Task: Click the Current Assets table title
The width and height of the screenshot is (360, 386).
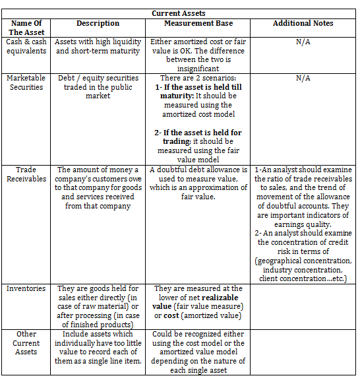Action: click(x=178, y=13)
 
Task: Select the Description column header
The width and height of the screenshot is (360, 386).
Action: click(x=98, y=23)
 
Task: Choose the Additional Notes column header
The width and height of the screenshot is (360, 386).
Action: click(x=303, y=23)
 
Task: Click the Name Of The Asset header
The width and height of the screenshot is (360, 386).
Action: click(x=26, y=28)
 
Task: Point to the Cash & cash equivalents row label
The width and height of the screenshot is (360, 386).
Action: click(x=26, y=46)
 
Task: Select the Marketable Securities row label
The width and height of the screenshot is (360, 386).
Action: click(x=26, y=82)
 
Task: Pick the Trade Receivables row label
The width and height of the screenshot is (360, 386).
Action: click(x=26, y=174)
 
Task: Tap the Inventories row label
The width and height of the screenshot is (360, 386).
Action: click(x=26, y=288)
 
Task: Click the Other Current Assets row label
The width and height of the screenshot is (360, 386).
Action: click(x=26, y=343)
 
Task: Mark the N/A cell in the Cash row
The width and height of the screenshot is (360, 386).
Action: click(x=303, y=42)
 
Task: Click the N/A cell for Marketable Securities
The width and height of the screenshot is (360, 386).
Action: click(x=303, y=78)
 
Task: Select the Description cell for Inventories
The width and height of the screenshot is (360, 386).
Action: click(x=98, y=307)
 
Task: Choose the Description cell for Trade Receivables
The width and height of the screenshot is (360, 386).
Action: click(x=98, y=188)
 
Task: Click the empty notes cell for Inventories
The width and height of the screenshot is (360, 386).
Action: click(x=303, y=306)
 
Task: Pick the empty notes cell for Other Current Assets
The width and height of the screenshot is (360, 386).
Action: click(x=303, y=352)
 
